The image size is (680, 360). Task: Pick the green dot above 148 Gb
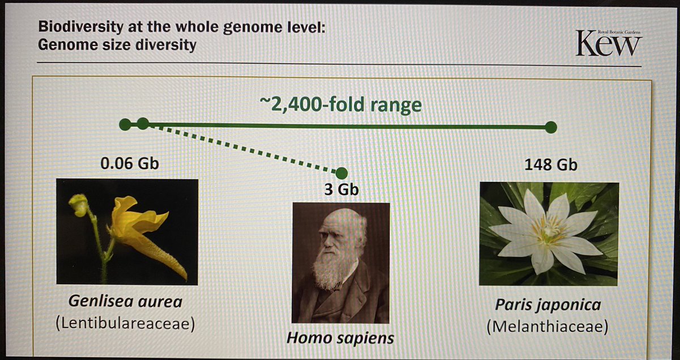(x=550, y=128)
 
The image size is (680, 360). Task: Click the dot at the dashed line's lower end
(x=341, y=173)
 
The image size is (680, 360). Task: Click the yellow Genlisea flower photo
(x=127, y=231)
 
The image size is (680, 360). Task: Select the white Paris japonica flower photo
(x=549, y=233)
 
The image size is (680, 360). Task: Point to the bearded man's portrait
(x=340, y=262)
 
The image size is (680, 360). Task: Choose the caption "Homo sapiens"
(x=340, y=338)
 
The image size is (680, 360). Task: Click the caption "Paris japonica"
(x=547, y=306)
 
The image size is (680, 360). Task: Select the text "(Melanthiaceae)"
(x=547, y=328)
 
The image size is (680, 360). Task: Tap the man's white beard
(x=331, y=271)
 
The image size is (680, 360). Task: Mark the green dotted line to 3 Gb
(x=244, y=149)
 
